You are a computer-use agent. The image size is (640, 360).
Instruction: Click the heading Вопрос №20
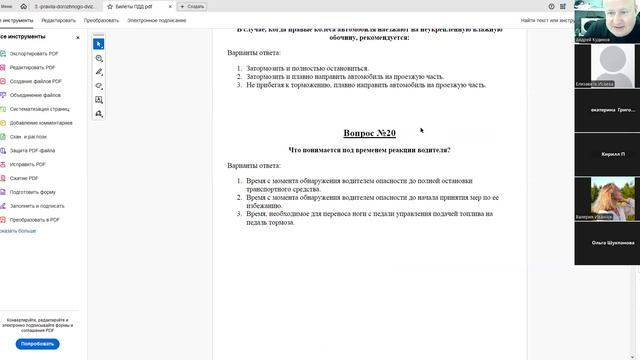369,133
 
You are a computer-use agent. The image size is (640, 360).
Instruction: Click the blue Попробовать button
37,343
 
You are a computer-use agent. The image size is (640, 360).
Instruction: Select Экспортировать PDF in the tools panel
35,54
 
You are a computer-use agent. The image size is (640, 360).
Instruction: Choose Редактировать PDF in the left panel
35,67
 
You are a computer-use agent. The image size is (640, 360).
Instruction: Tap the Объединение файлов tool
37,95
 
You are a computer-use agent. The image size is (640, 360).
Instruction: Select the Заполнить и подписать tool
37,205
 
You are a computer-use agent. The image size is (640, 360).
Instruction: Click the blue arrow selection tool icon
99,44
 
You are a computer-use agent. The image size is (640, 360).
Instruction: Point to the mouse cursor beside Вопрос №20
421,129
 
